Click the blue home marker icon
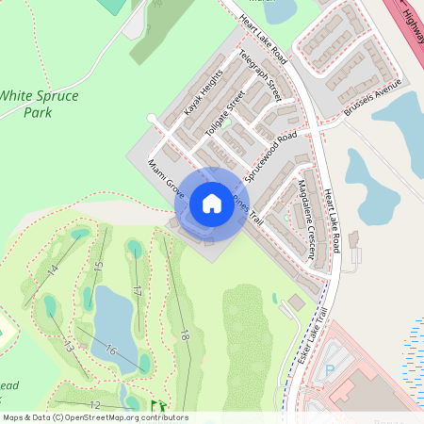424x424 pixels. [x=212, y=203]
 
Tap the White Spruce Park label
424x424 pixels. [x=40, y=104]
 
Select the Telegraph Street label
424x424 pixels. [x=261, y=75]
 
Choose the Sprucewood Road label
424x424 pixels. [x=270, y=156]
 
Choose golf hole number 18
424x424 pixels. [x=185, y=334]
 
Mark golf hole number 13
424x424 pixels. [x=68, y=347]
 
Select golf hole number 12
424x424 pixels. [x=94, y=405]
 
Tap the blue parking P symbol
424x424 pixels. [x=329, y=370]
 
